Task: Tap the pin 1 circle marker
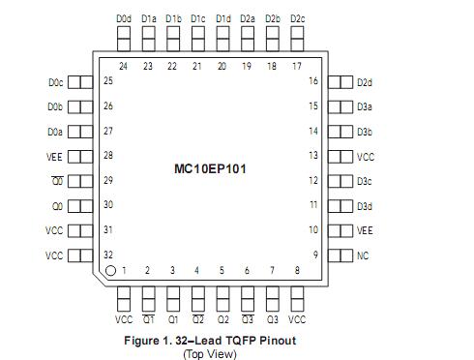point(111,271)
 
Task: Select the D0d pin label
point(123,18)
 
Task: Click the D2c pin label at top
point(297,18)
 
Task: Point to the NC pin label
point(362,255)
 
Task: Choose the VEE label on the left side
point(54,156)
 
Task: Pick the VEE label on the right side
point(364,230)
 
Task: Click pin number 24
point(124,66)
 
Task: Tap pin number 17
point(297,66)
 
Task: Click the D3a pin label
point(364,106)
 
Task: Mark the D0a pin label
point(54,132)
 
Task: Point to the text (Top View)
point(209,352)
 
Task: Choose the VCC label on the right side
point(365,156)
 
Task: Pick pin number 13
point(313,156)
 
